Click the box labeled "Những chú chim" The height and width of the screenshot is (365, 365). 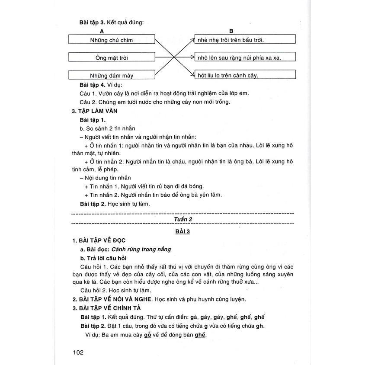coord(112,40)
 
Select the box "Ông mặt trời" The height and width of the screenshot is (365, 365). coord(112,58)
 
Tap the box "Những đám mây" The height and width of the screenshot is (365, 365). coord(112,75)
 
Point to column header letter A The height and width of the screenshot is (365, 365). coord(102,31)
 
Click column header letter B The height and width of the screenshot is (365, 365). coord(231,31)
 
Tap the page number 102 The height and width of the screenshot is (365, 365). coord(78,352)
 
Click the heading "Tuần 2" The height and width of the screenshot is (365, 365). coord(183,220)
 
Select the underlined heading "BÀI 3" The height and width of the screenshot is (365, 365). coord(182,231)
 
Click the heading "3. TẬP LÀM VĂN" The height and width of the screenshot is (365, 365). coord(95,111)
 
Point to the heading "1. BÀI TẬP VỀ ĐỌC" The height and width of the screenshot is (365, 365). coord(99,240)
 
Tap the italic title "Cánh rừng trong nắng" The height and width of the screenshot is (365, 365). coord(141,249)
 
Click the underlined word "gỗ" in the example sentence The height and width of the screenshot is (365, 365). coord(147,335)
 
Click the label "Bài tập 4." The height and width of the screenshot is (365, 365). coord(93,84)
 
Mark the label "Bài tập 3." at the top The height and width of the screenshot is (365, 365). coord(93,22)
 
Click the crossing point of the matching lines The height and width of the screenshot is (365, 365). coord(174,58)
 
